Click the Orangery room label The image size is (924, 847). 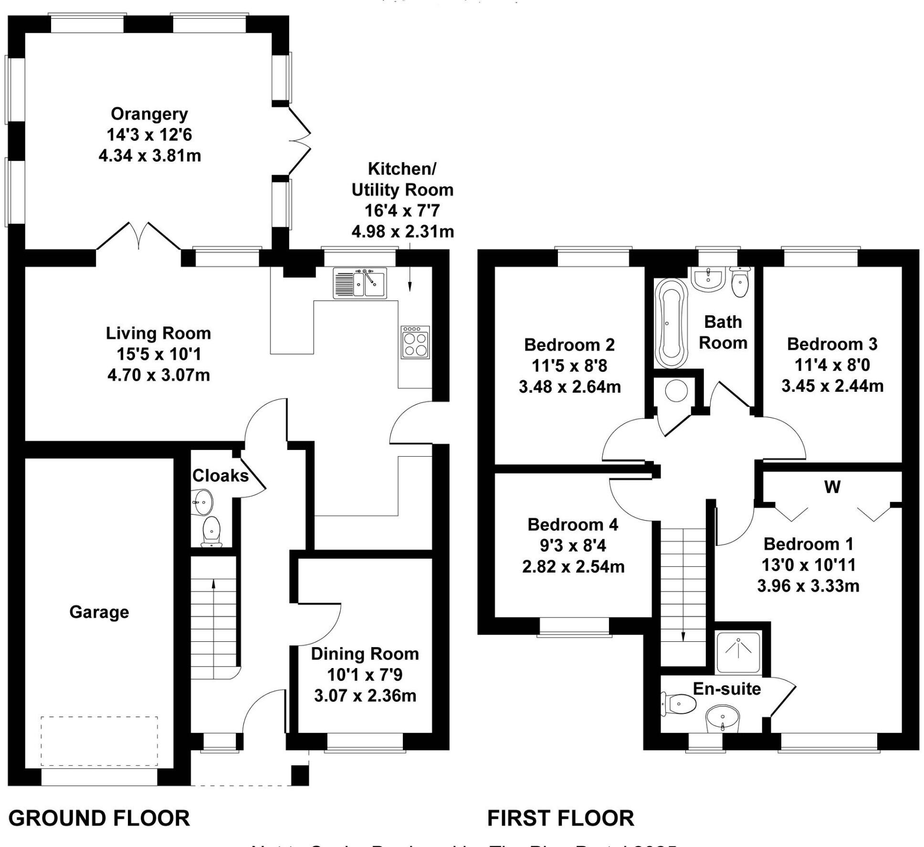click(149, 114)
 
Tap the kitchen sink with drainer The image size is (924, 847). click(359, 283)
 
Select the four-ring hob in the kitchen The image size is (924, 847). click(415, 343)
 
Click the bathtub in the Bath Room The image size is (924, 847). click(671, 324)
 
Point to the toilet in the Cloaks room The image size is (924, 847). click(211, 531)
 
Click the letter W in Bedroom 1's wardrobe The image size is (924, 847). click(832, 487)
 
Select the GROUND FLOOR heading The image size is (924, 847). click(99, 818)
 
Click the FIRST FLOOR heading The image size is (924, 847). click(560, 818)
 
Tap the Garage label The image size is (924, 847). click(99, 612)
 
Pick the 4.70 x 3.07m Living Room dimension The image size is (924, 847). click(158, 375)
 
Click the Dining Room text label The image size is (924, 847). click(365, 654)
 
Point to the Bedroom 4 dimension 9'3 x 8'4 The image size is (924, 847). click(573, 545)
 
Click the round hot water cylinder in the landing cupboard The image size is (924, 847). click(676, 391)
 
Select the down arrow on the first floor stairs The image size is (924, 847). click(682, 636)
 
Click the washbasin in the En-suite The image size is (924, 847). click(722, 719)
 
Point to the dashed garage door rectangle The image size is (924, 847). click(99, 741)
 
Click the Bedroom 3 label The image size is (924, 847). click(832, 344)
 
